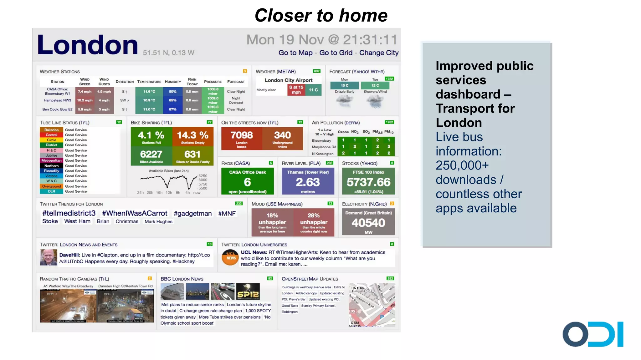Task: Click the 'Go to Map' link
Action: tap(295, 53)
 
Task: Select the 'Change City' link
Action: tap(378, 53)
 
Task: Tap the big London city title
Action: tap(87, 45)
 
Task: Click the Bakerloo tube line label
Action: tap(51, 130)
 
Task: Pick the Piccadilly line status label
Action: tap(51, 171)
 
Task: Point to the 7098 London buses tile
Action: tap(241, 139)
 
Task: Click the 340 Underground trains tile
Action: tap(282, 139)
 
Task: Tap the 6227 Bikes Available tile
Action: tap(151, 156)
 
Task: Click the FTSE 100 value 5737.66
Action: tap(368, 182)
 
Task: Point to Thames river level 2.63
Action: tap(308, 182)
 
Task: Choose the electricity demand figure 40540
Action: tap(368, 223)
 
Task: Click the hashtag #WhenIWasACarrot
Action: tap(135, 213)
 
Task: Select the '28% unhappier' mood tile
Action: tap(314, 222)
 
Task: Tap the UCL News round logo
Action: tap(230, 258)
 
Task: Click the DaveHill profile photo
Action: tap(49, 257)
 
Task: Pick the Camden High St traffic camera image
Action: tap(125, 306)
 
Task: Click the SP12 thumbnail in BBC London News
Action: tap(248, 292)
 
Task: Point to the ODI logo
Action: tap(592, 334)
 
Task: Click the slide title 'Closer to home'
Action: tap(321, 15)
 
